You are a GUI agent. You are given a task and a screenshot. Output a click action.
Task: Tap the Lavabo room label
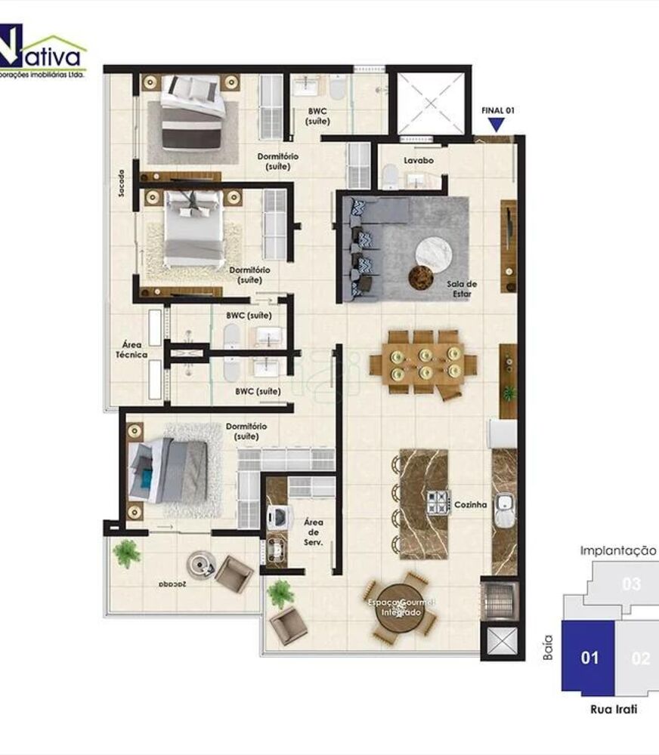[x=417, y=161]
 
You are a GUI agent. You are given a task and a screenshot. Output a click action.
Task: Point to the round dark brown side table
[x=420, y=278]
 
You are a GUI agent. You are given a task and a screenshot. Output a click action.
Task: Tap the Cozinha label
[x=469, y=504]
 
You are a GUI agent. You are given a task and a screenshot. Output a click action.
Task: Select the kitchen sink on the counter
[x=504, y=511]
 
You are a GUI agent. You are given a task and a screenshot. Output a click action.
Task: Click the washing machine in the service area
[x=277, y=516]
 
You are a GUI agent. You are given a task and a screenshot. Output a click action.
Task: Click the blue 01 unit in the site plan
[x=589, y=658]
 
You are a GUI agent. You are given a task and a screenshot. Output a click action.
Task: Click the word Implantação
[x=617, y=550]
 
